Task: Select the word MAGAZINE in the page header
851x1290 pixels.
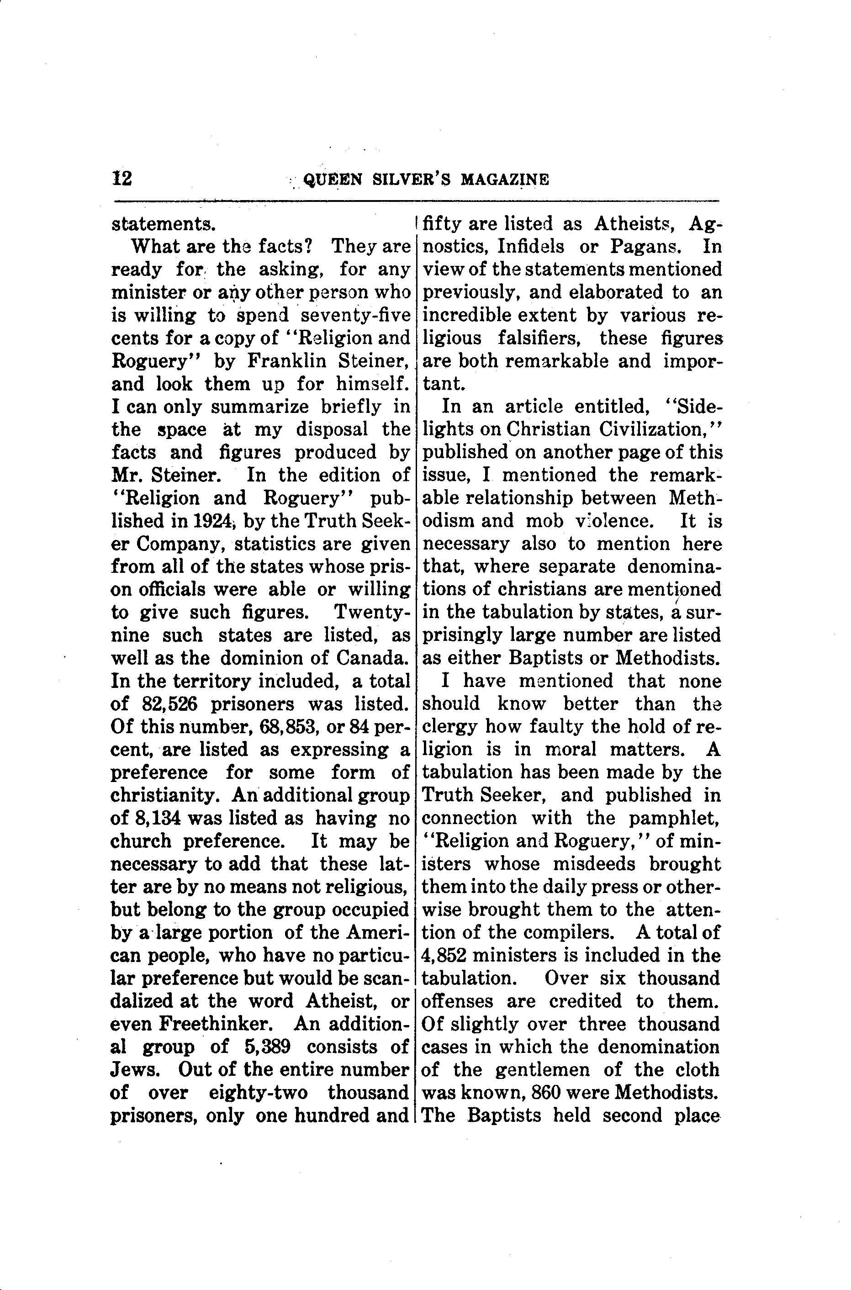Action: (504, 180)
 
